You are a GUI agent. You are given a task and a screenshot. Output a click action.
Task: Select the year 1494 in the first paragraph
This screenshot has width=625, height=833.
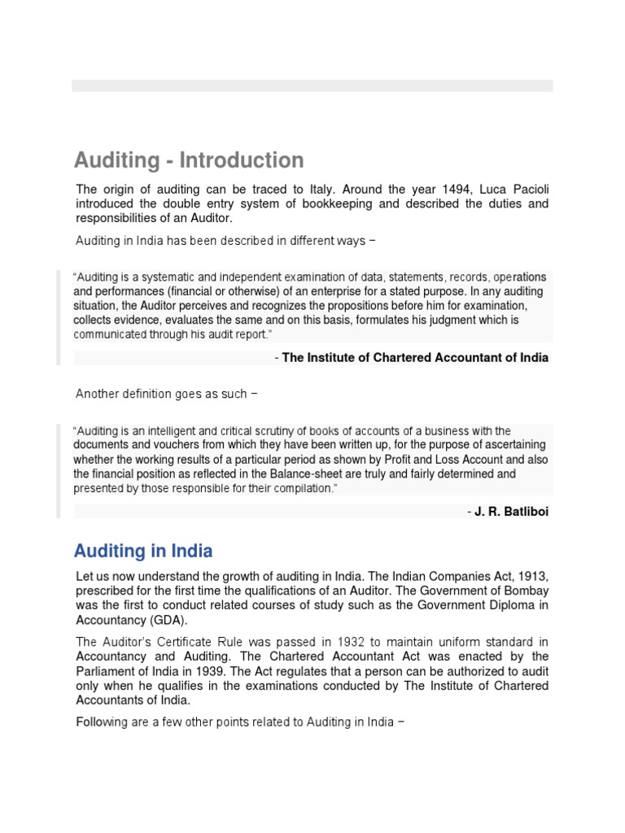448,190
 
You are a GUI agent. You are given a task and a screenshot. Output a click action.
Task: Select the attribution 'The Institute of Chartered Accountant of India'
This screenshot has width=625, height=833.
415,358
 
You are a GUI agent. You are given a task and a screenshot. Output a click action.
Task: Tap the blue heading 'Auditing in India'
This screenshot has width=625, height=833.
143,552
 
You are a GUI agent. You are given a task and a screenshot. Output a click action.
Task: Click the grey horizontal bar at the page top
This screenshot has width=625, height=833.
312,85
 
